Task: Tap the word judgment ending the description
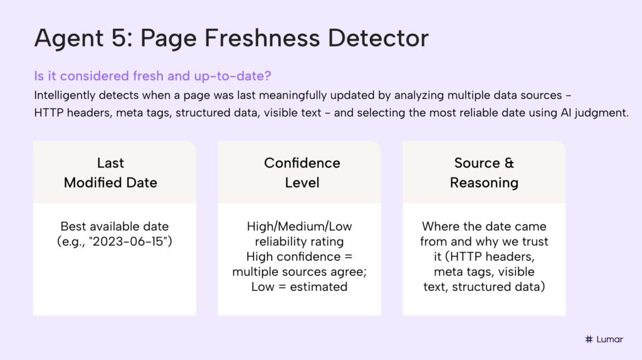click(x=597, y=114)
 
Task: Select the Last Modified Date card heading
click(x=111, y=172)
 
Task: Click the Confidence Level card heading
click(x=302, y=172)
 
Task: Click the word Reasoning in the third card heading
click(x=484, y=183)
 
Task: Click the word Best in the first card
click(x=72, y=226)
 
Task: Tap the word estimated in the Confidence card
click(x=322, y=287)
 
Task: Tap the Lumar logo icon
click(x=588, y=339)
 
